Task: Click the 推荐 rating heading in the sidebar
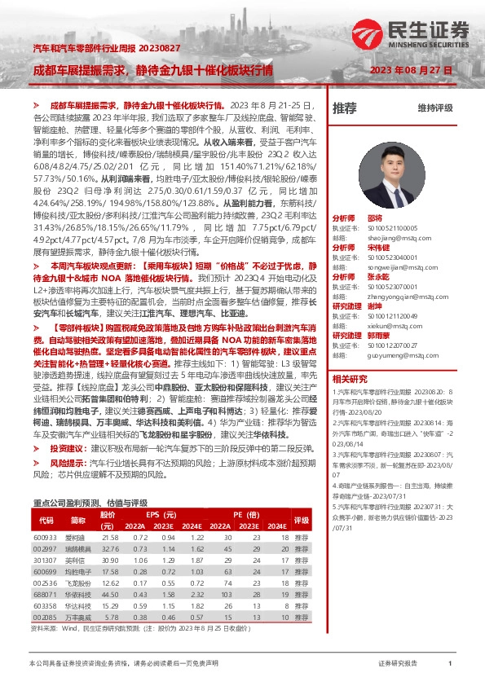[x=345, y=108]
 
